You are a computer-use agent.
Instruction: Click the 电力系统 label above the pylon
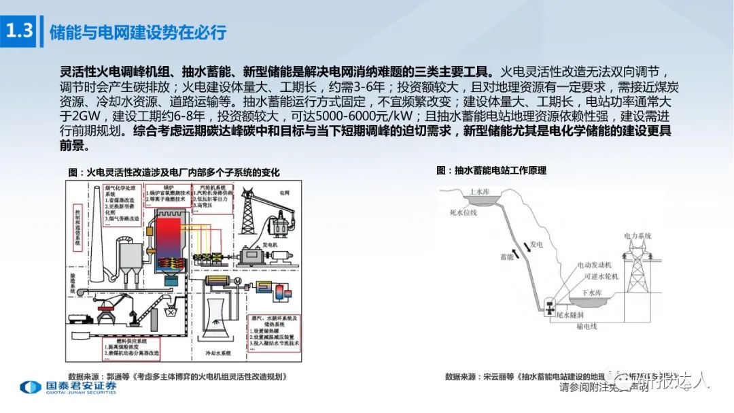tap(640, 235)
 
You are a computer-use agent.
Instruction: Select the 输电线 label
tap(587, 327)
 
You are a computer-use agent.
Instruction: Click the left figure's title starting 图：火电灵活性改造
tap(174, 173)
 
